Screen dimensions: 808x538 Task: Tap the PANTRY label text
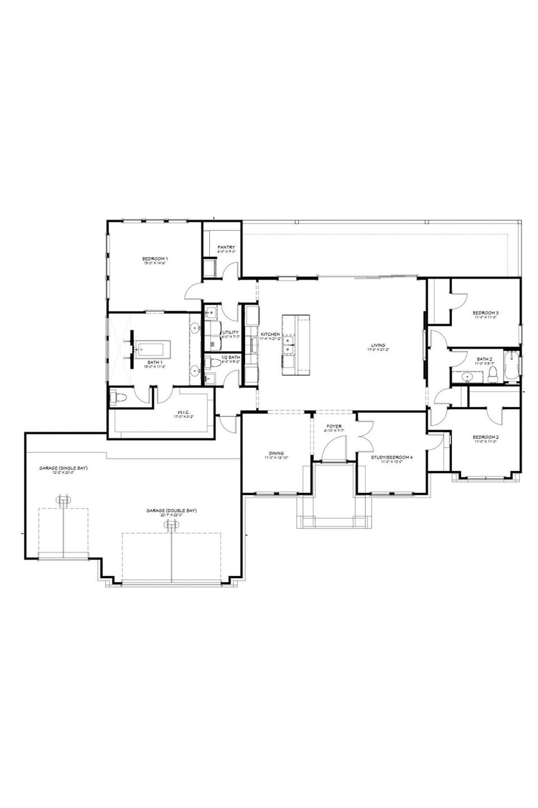(x=226, y=247)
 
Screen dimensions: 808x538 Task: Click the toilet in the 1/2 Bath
(x=213, y=363)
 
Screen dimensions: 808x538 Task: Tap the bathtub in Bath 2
(x=512, y=365)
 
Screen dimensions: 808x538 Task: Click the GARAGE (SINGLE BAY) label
(x=63, y=468)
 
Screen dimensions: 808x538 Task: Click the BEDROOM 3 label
(x=485, y=313)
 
